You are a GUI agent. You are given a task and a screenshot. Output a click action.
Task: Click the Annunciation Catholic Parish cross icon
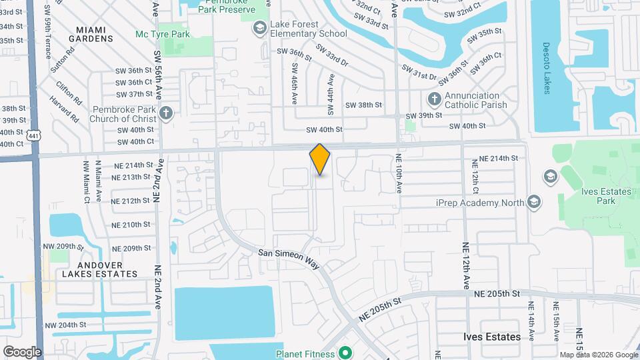tap(434, 99)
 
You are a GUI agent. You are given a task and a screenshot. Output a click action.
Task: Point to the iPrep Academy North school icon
tap(533, 201)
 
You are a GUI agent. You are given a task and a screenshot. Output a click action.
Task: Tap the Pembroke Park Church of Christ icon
tap(166, 113)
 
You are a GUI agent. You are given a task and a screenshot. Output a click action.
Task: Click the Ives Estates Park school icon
tap(551, 177)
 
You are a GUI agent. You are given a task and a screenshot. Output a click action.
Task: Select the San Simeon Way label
tap(289, 259)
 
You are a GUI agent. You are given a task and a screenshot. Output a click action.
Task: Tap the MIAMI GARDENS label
tap(94, 34)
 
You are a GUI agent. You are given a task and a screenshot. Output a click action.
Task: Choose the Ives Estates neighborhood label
tap(492, 337)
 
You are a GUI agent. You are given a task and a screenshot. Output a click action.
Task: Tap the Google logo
tap(22, 352)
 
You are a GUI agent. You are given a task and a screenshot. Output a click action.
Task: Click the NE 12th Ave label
tap(465, 265)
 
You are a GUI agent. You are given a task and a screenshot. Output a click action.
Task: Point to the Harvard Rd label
tap(64, 109)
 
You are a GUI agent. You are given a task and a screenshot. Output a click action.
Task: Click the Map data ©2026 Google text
tap(599, 355)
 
